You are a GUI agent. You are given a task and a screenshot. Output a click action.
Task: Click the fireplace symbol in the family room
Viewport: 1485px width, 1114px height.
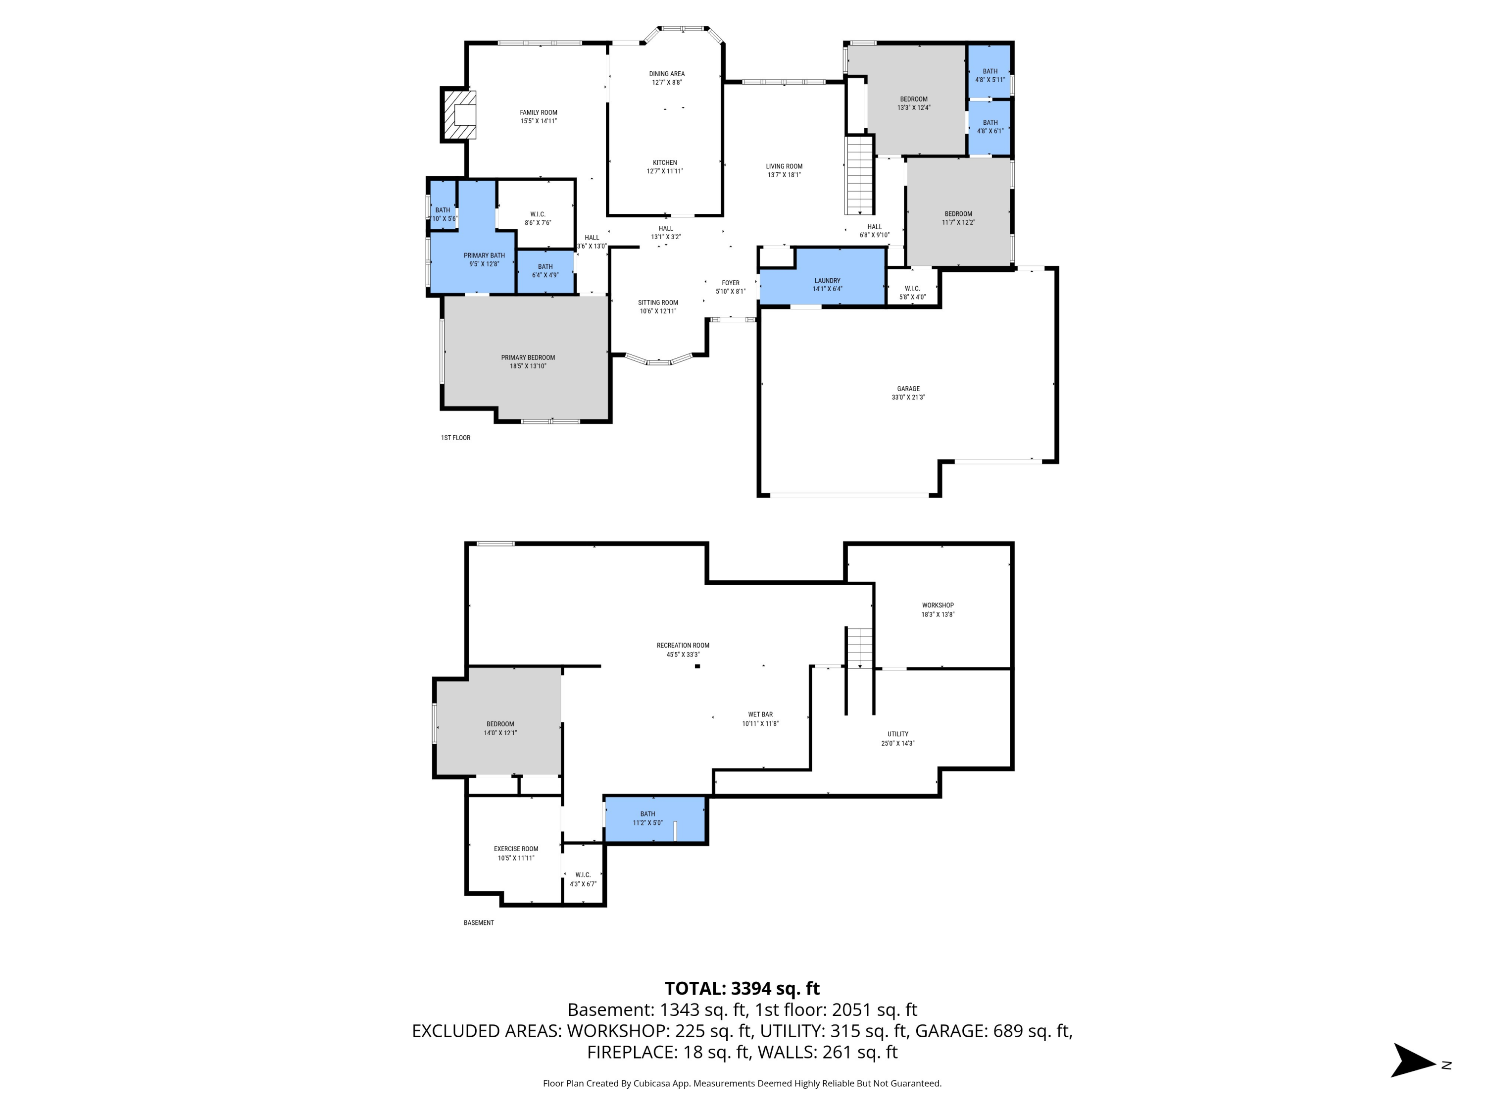coord(459,115)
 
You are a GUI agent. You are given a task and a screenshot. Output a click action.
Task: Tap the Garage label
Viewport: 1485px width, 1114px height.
coord(908,389)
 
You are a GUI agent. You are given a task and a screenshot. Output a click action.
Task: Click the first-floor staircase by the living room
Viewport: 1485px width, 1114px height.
coord(860,175)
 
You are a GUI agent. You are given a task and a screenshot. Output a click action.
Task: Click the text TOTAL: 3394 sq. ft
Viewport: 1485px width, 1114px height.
coord(742,988)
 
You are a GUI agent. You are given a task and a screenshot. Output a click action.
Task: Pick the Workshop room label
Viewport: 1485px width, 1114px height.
coord(937,605)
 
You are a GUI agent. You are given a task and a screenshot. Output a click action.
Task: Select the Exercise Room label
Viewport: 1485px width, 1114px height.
coord(516,849)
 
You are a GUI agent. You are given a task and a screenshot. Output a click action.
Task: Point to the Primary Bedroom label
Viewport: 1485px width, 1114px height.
coord(528,357)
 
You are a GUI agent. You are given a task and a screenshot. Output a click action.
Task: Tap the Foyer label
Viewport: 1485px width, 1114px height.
coord(731,283)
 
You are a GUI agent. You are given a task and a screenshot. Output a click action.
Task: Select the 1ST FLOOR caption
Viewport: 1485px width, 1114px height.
coord(455,438)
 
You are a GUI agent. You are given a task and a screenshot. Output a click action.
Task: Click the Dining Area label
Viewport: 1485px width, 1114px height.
coord(667,74)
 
